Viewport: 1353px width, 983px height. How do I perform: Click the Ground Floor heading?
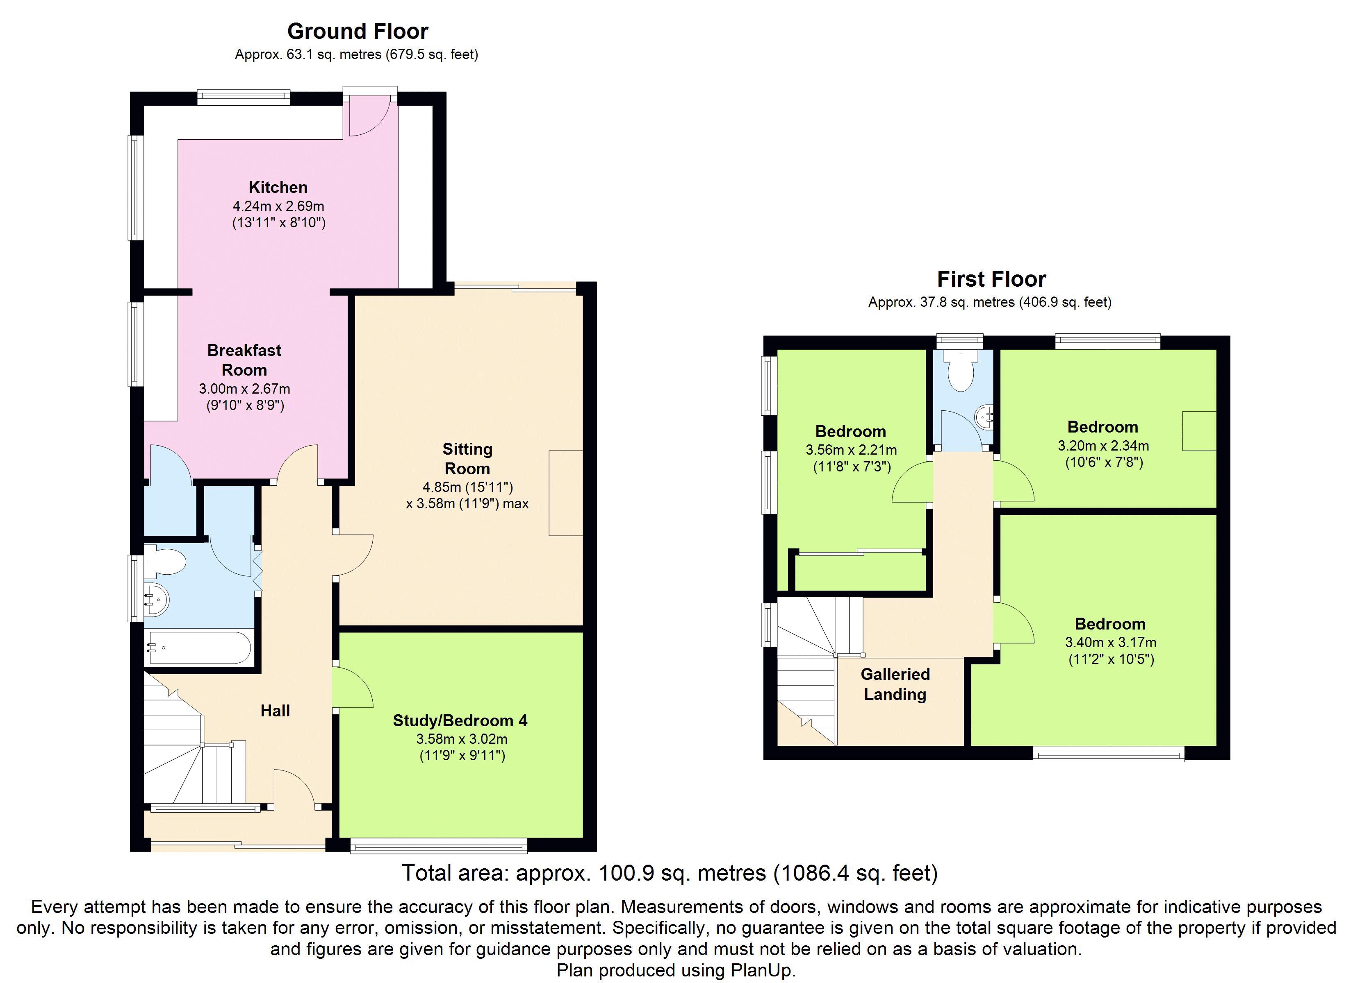click(x=358, y=31)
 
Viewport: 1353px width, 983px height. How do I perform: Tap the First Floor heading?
click(x=991, y=279)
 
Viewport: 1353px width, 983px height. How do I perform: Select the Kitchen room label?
click(x=278, y=187)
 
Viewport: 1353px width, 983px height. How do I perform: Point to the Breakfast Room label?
click(x=244, y=360)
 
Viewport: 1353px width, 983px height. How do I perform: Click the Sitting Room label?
click(x=467, y=458)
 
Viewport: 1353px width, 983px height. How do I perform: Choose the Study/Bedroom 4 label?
click(x=460, y=721)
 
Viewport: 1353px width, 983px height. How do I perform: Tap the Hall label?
click(x=275, y=711)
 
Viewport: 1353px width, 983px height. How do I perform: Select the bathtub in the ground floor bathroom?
click(x=199, y=648)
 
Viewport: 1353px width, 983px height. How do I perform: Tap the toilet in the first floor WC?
click(x=961, y=371)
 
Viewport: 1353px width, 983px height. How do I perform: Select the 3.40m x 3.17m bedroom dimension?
click(x=1111, y=643)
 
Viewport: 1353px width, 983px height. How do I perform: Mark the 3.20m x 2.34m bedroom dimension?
click(x=1103, y=445)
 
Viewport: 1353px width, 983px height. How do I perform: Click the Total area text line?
click(x=670, y=873)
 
